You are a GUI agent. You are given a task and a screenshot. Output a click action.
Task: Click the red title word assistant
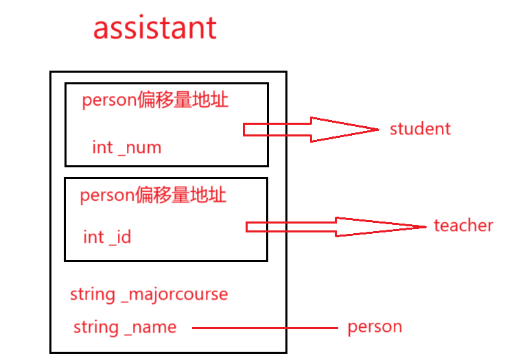tap(155, 29)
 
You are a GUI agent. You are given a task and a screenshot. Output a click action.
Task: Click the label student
tap(420, 129)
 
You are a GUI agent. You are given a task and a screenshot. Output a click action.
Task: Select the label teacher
tap(463, 226)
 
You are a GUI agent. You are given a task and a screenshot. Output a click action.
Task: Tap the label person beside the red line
tap(375, 327)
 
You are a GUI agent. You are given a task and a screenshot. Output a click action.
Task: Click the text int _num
tap(126, 147)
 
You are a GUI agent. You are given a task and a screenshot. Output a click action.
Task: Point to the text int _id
tap(107, 237)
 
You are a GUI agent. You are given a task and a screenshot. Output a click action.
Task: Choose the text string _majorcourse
tap(149, 295)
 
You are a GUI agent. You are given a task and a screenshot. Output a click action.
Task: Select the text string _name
tap(125, 328)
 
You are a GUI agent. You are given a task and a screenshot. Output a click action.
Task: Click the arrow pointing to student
tap(309, 129)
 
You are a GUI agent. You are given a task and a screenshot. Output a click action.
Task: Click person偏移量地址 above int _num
tap(155, 101)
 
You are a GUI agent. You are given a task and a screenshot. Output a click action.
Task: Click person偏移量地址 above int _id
tap(153, 195)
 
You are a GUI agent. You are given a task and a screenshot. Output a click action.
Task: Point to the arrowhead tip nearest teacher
tap(425, 227)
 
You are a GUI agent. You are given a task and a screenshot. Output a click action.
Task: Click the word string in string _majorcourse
tap(92, 295)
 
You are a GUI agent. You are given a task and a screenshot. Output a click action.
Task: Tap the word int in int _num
tap(102, 147)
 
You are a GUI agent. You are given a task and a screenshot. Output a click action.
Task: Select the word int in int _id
tap(93, 237)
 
